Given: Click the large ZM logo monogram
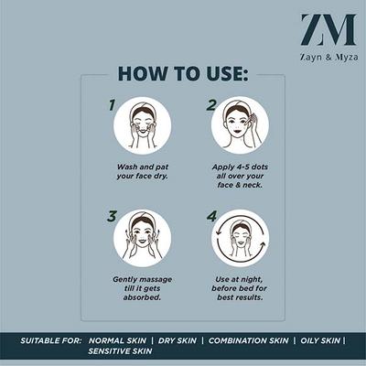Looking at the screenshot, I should pos(328,29).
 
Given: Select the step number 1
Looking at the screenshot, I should pos(112,105).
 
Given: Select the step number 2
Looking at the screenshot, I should pos(210,105).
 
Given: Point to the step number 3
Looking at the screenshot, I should pos(112,217).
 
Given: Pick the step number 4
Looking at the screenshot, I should pos(211,217).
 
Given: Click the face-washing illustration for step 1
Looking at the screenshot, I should pos(142,125).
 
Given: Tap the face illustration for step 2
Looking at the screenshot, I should pos(240,125).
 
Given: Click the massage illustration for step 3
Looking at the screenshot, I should pos(142,238).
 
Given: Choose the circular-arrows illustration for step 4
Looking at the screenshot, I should pos(240,238).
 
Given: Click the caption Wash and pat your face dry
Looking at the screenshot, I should pos(142,172).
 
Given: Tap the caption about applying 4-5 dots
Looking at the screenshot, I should pos(240,177).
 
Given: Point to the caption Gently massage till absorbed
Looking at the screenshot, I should pos(142,288).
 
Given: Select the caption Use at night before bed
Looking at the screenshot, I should pos(240,288).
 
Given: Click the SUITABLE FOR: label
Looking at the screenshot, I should pos(50,339).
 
